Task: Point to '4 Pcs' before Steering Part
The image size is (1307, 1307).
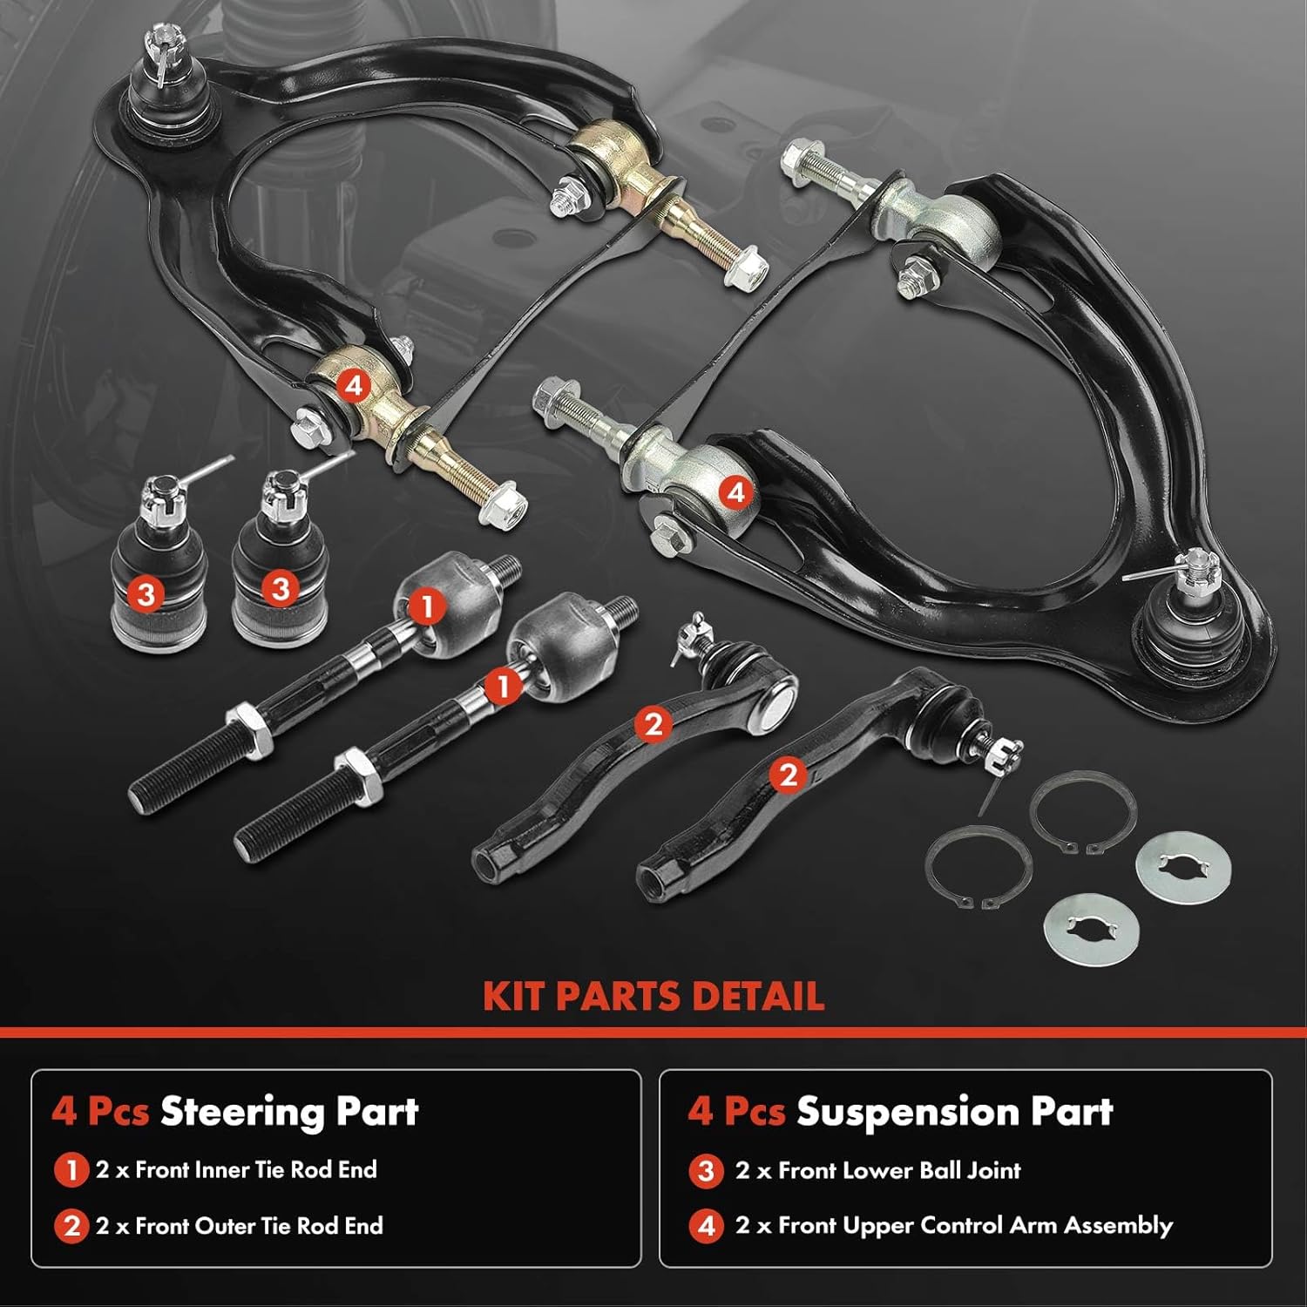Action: [x=99, y=1112]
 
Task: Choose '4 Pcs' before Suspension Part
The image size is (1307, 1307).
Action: [x=736, y=1112]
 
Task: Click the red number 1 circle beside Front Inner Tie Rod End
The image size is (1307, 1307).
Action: [x=71, y=1170]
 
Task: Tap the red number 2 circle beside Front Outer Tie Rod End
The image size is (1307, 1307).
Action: [x=71, y=1226]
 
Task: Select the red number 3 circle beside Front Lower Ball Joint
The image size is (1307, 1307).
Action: [x=707, y=1171]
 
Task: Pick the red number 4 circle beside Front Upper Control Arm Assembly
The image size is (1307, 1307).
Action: [x=707, y=1226]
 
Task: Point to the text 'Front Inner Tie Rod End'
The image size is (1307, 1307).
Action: [x=256, y=1169]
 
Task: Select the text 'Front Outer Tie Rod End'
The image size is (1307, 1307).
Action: [x=259, y=1226]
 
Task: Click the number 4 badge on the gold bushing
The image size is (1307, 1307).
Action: [x=354, y=385]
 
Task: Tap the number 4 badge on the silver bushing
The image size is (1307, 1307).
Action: [x=736, y=492]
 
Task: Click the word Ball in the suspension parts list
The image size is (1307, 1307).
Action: [x=942, y=1170]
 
